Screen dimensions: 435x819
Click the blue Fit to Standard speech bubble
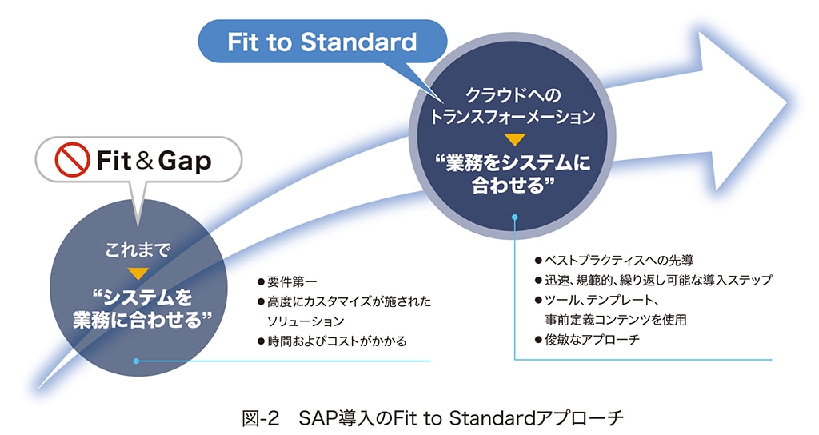(322, 42)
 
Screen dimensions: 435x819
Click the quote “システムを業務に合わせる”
(138, 308)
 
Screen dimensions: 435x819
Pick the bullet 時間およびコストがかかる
(337, 341)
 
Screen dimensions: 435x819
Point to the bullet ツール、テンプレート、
(600, 300)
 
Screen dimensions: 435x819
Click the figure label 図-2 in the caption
(259, 417)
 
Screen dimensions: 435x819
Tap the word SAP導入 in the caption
(336, 417)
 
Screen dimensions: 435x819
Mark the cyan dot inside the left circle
(137, 361)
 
